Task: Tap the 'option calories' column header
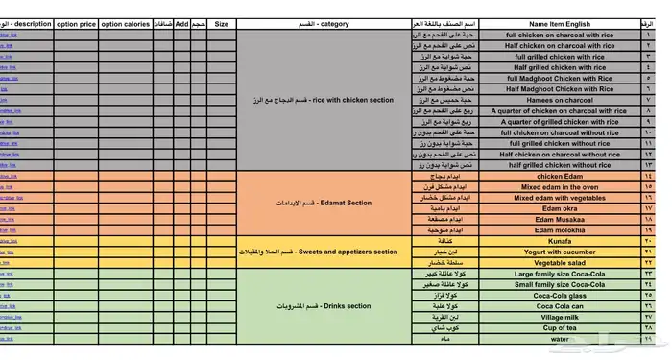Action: (125, 23)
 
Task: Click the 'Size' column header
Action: (221, 23)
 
